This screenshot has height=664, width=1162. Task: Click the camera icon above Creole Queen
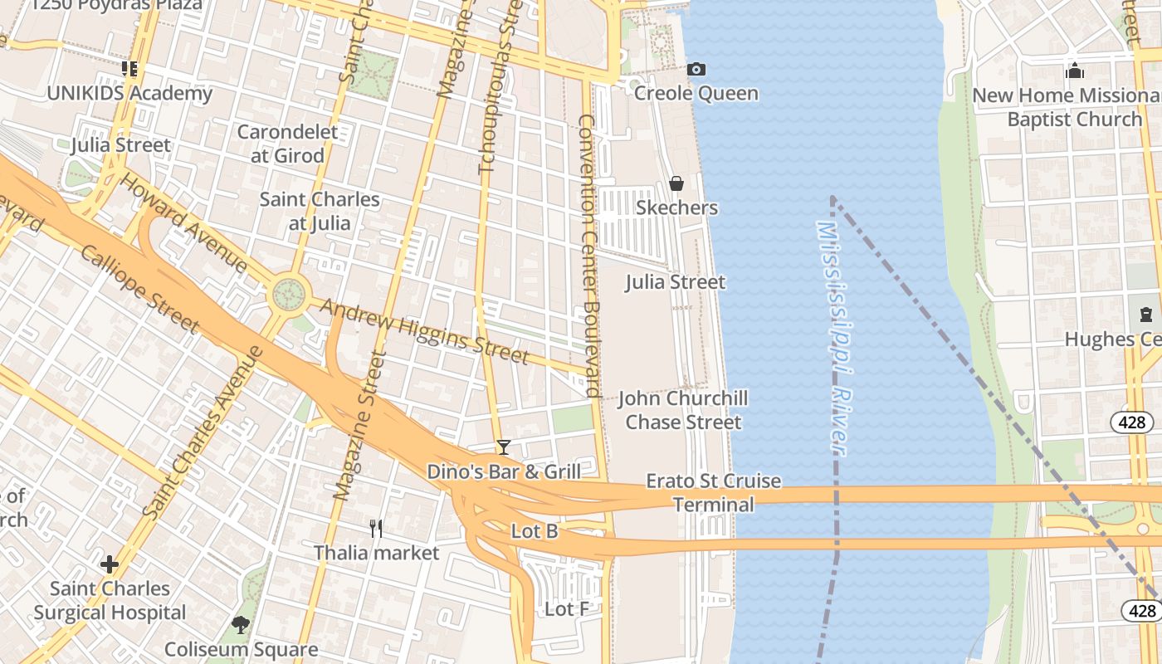pos(696,69)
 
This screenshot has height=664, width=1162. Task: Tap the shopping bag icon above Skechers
pos(676,183)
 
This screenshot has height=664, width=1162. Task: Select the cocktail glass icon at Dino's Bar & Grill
pos(503,447)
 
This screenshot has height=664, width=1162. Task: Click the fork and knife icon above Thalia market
pos(376,528)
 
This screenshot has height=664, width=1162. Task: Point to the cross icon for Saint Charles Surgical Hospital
pos(110,565)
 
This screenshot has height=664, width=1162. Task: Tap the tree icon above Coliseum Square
pos(241,624)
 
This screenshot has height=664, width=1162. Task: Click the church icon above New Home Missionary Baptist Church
pos(1075,71)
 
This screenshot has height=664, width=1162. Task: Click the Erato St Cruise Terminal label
pos(714,492)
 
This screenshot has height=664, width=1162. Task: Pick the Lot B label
pos(535,531)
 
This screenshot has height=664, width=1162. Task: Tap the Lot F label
pos(567,609)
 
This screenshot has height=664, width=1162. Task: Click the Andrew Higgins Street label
pos(424,332)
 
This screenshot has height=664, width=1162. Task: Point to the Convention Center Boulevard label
pos(589,256)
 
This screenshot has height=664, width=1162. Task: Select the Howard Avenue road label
pos(183,222)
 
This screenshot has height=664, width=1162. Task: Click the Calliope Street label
pos(139,288)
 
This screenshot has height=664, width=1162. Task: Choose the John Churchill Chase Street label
pos(683,410)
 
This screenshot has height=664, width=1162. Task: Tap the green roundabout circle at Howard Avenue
pos(289,293)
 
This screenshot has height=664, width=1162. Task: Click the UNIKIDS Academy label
pos(129,93)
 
